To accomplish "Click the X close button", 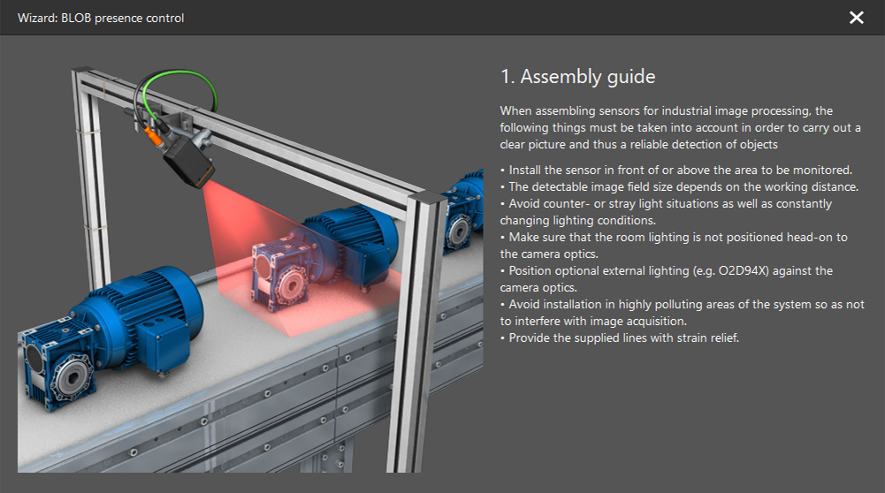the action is pyautogui.click(x=856, y=18).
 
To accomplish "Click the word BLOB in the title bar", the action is pyautogui.click(x=76, y=18).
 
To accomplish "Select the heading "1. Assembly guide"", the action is pyautogui.click(x=578, y=77).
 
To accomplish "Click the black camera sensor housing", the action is pyautogui.click(x=189, y=163).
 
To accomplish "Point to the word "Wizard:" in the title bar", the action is pyautogui.click(x=37, y=18).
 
